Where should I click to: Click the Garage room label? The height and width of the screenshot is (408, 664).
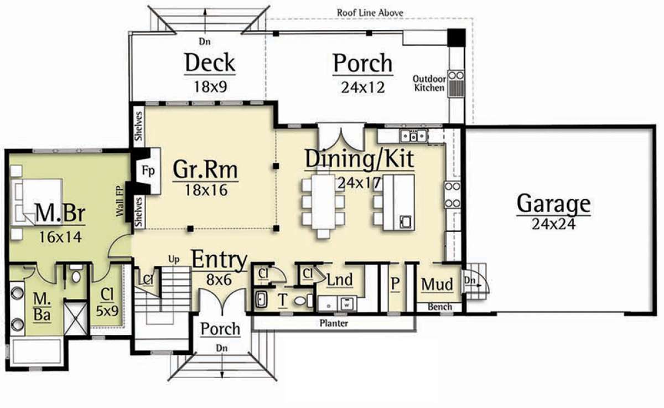[x=553, y=203]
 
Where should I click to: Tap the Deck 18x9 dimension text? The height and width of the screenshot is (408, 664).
[x=210, y=87]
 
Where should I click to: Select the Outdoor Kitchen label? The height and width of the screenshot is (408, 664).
[x=429, y=84]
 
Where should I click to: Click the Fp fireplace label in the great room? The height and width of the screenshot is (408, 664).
[x=148, y=171]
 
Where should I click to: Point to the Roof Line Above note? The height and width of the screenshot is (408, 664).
[x=370, y=13]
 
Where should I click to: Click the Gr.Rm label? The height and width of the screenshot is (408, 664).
[x=205, y=169]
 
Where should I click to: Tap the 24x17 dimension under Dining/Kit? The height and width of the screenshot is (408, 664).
[x=359, y=183]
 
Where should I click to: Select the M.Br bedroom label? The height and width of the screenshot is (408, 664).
[x=60, y=213]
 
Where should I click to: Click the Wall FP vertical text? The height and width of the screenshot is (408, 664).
[x=119, y=201]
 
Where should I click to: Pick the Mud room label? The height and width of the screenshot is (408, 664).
[x=437, y=284]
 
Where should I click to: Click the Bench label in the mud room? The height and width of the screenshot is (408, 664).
[x=440, y=307]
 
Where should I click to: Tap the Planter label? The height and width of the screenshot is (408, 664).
[x=334, y=323]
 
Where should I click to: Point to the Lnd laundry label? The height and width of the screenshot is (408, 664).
[x=340, y=280]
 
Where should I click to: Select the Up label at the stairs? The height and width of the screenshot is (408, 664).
[x=174, y=260]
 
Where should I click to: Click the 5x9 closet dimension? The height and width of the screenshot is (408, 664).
[x=107, y=311]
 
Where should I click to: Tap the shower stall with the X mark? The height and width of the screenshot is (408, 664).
[x=76, y=318]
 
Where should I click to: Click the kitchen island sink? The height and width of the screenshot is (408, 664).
[x=405, y=221]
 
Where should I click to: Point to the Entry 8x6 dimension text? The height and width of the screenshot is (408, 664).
[x=219, y=280]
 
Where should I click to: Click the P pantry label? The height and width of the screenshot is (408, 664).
[x=395, y=284]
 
